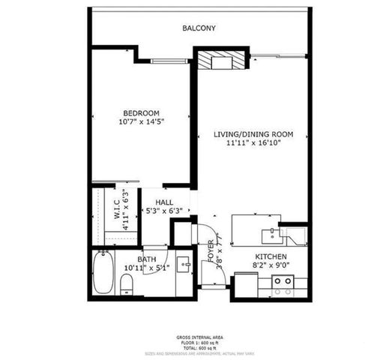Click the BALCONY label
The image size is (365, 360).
(199, 28)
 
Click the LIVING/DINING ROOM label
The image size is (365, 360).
(253, 134)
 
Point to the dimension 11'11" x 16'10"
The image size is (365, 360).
(253, 143)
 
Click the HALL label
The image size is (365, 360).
(164, 203)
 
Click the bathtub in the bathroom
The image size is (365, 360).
(103, 272)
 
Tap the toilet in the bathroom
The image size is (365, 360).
(127, 283)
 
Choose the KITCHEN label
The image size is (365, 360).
(270, 256)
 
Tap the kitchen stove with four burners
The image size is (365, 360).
(283, 286)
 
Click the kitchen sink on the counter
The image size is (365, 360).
(268, 233)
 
